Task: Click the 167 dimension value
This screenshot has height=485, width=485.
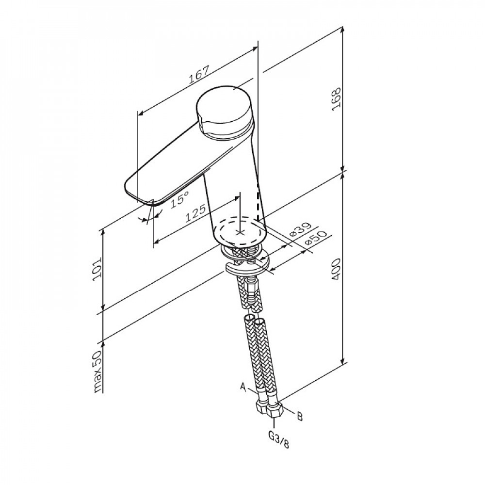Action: point(199,74)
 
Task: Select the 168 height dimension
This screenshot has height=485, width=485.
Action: point(336,99)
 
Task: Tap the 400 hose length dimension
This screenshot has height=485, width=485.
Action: point(336,270)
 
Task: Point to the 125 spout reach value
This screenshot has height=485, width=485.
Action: point(195,213)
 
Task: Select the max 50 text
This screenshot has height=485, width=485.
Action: point(97,372)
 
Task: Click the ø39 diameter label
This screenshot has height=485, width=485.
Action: point(299,230)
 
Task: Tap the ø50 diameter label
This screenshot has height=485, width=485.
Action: point(316,239)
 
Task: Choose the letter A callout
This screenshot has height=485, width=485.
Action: point(243,387)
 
